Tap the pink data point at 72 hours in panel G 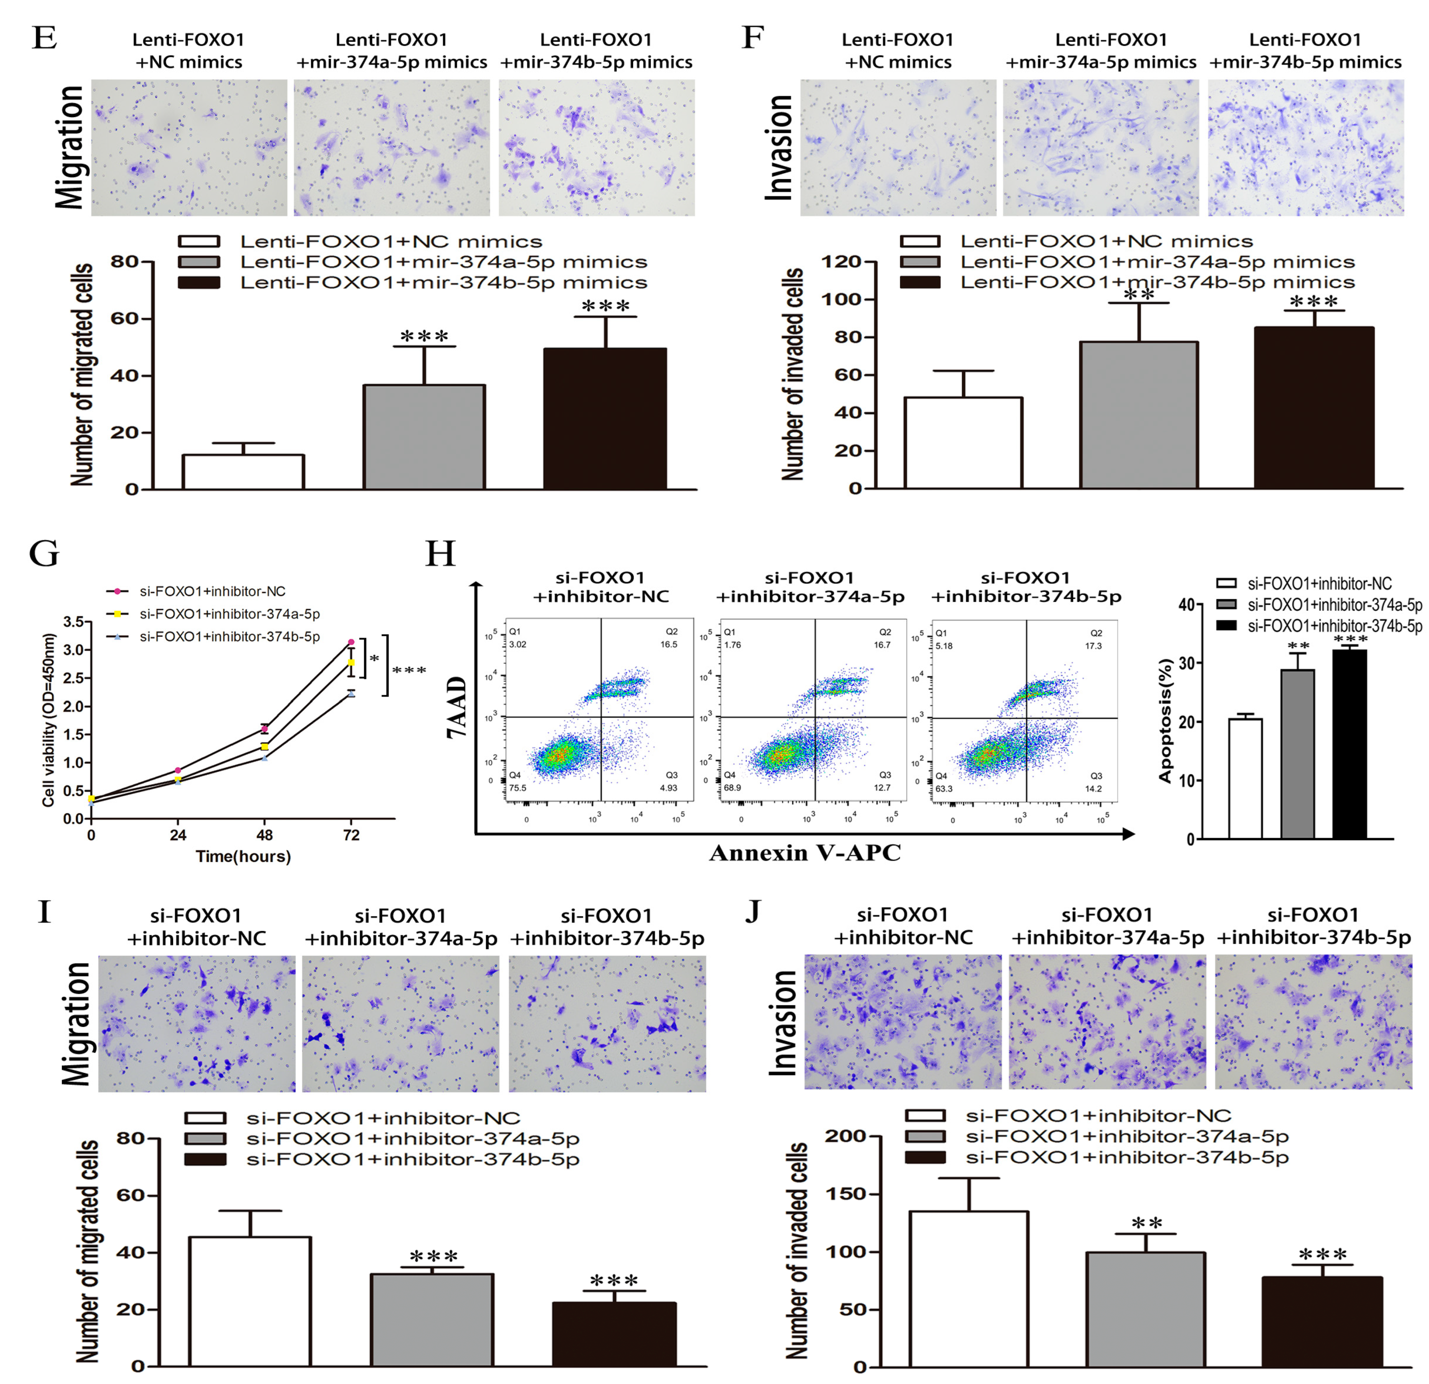(x=351, y=642)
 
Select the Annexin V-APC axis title (x=805, y=853)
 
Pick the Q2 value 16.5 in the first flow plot (x=668, y=645)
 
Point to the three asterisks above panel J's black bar (x=1322, y=1255)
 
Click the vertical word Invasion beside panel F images (x=779, y=147)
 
